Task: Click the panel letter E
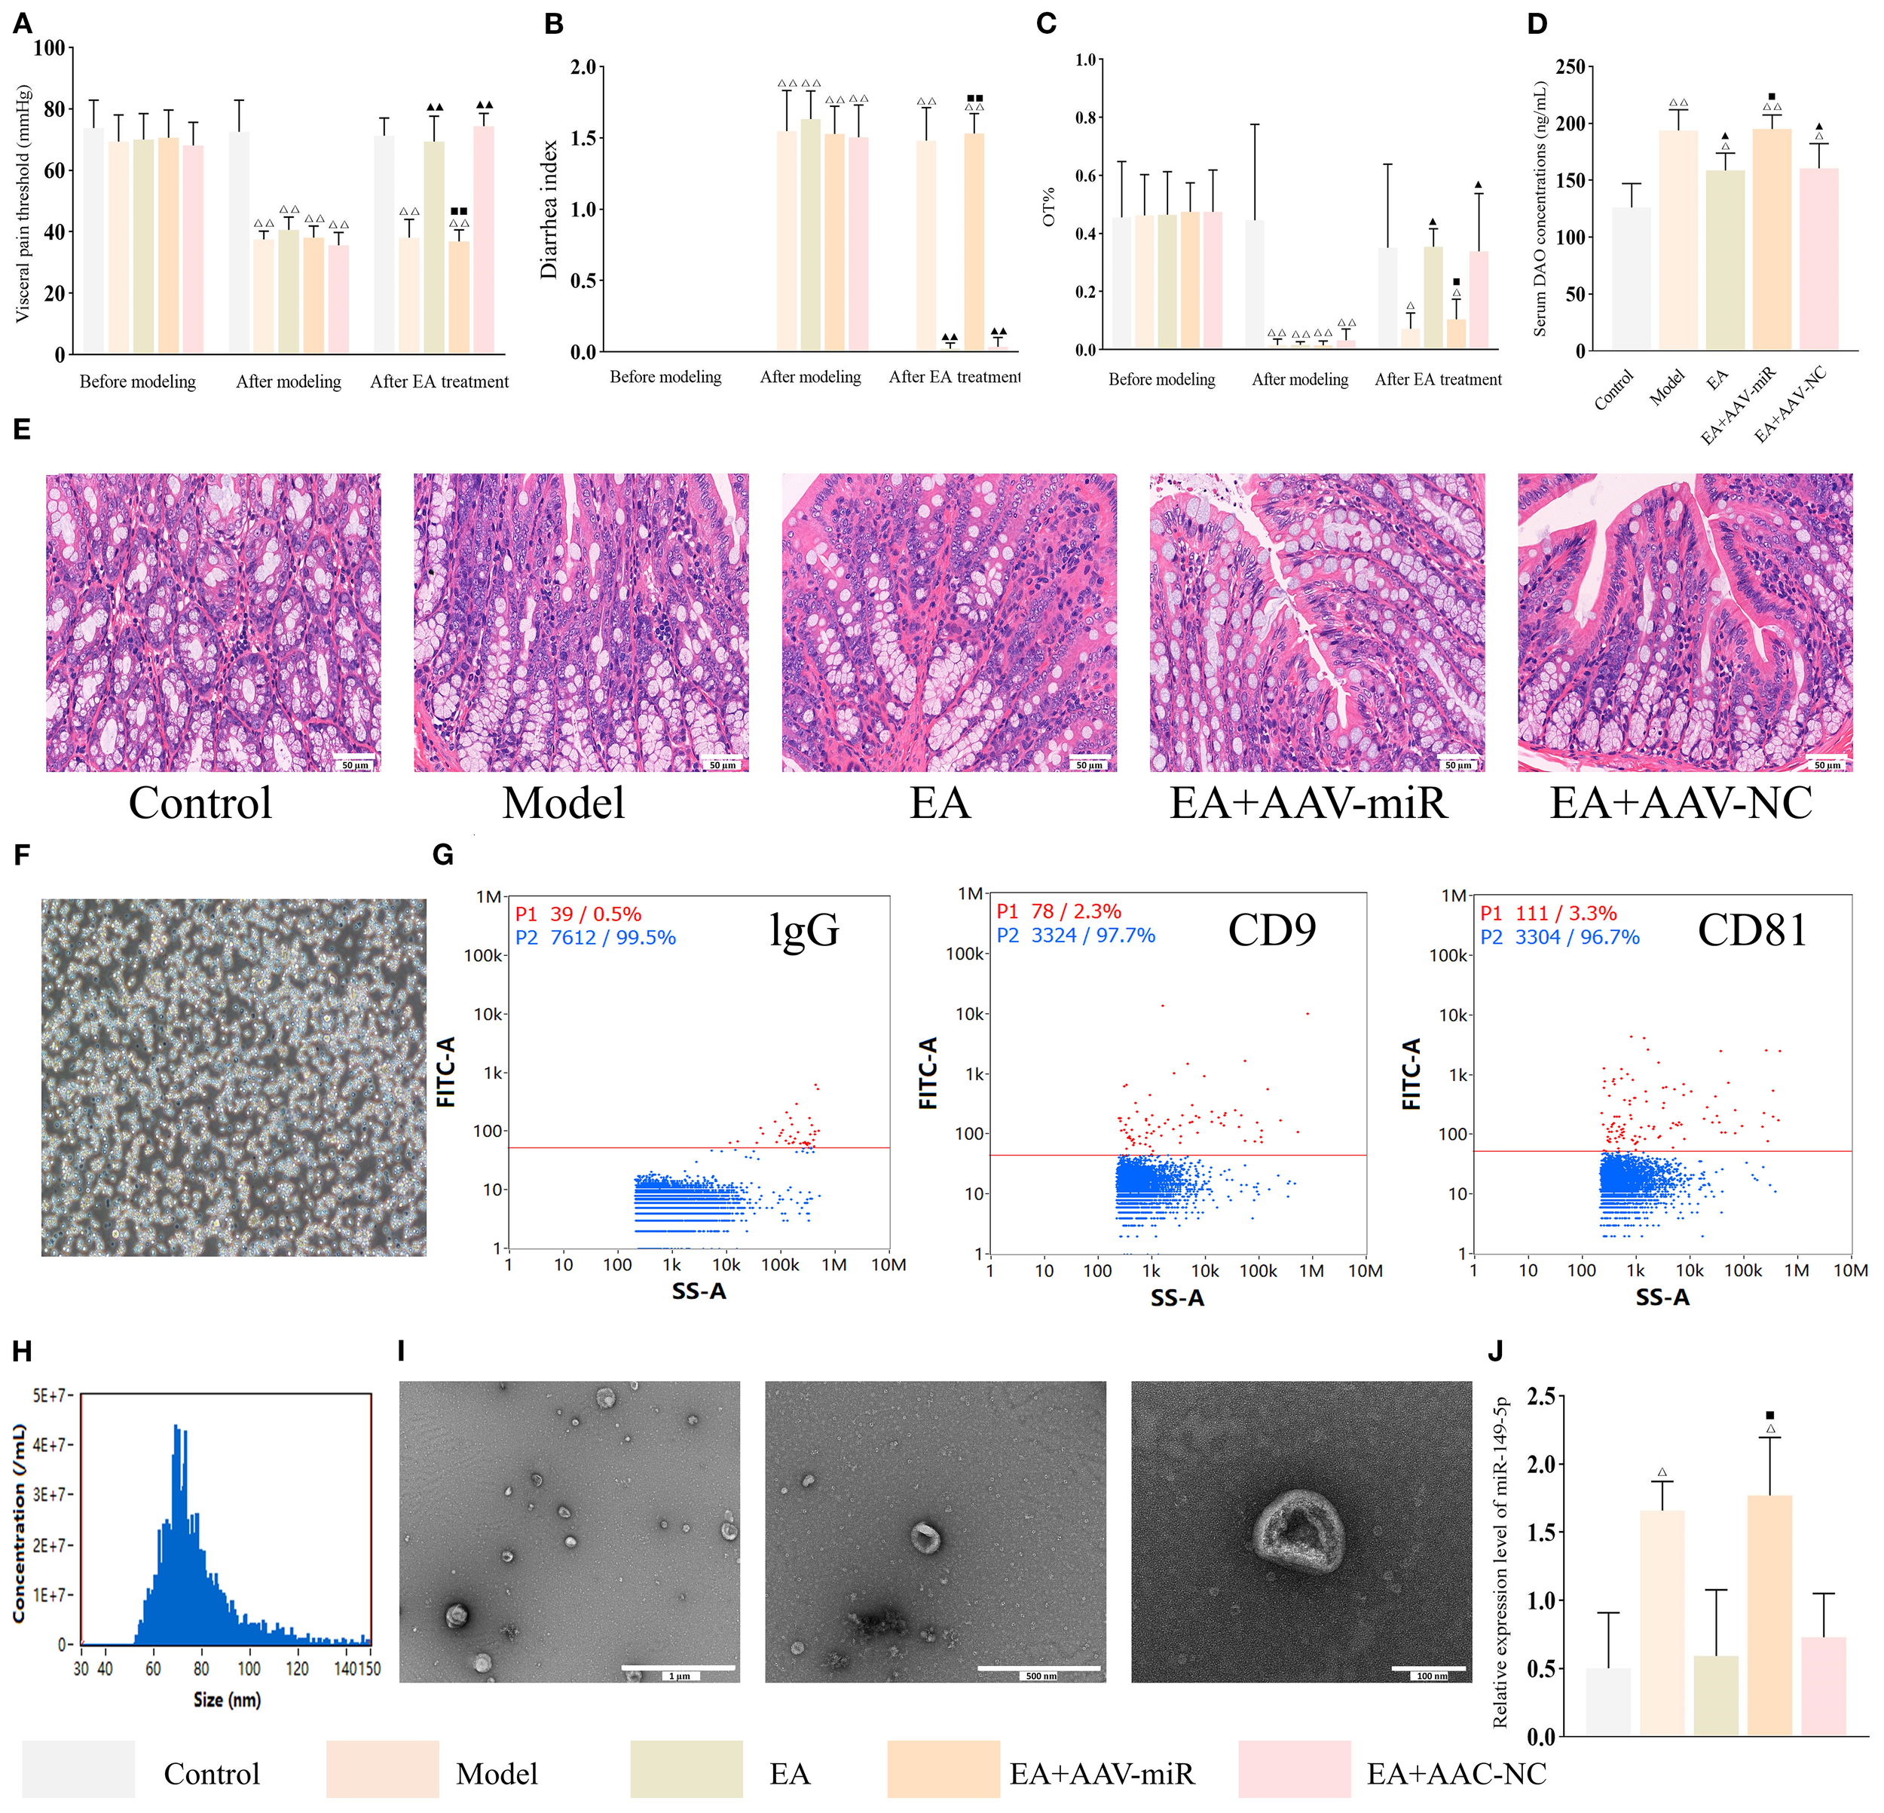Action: (x=21, y=430)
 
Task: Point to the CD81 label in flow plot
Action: (x=1751, y=930)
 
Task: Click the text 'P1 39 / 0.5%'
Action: (x=578, y=914)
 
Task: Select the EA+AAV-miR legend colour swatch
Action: (x=943, y=1769)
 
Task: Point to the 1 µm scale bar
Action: (x=679, y=1668)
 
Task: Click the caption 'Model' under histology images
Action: (x=563, y=804)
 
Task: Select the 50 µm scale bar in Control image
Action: (x=355, y=764)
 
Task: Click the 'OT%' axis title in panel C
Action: (x=1049, y=207)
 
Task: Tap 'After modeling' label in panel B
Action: (x=810, y=377)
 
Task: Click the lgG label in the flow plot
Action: (x=803, y=930)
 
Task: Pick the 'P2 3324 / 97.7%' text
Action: (x=1075, y=936)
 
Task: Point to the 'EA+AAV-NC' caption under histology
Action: (x=1681, y=804)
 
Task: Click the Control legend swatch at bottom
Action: (x=79, y=1769)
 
